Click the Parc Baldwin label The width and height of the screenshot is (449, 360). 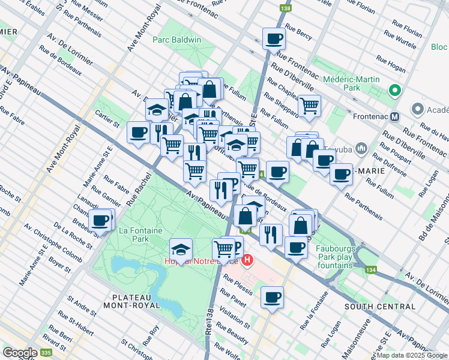coord(176,40)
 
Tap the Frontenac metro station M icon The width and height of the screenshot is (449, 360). coord(395,116)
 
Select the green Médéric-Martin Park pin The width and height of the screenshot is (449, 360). coord(394,91)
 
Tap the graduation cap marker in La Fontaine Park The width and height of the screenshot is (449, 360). coord(181,248)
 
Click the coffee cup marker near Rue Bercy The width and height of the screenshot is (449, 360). coord(274,38)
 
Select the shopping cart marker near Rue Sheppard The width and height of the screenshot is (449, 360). coord(309,106)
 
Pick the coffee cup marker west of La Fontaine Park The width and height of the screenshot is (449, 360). coord(100,220)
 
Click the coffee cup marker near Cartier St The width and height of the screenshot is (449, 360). coord(138,132)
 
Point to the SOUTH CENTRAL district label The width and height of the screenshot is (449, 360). coord(380,307)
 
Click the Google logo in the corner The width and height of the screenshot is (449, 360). coord(20,353)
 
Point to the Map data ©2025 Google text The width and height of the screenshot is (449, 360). coord(412,355)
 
